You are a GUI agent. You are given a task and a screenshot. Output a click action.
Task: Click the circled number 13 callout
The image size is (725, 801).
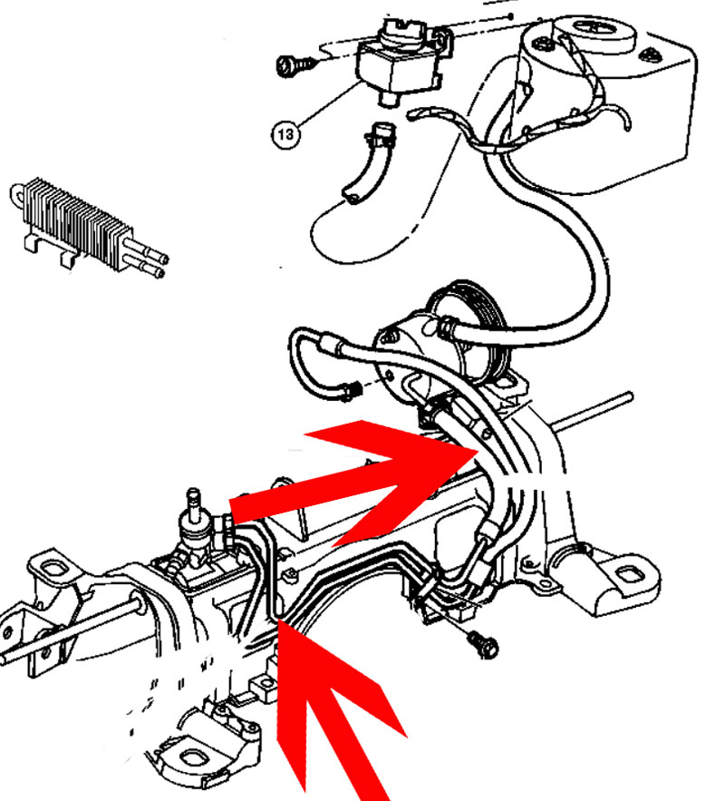point(285,134)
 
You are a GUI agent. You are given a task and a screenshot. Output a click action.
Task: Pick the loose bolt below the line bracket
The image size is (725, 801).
point(482,644)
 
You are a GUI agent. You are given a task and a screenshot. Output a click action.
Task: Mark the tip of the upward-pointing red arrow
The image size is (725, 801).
point(280,620)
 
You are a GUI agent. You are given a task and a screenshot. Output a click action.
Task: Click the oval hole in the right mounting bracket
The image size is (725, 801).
point(625,575)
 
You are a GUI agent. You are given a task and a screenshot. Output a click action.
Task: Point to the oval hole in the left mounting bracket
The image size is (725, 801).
point(50,568)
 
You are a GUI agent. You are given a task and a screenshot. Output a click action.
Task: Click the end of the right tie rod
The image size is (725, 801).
point(630,396)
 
